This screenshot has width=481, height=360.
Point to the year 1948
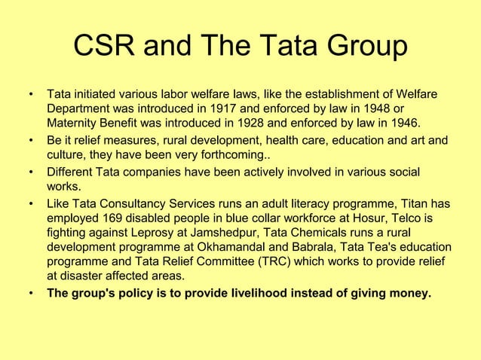pos(385,109)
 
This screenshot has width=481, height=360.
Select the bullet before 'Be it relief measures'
pos(31,140)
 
